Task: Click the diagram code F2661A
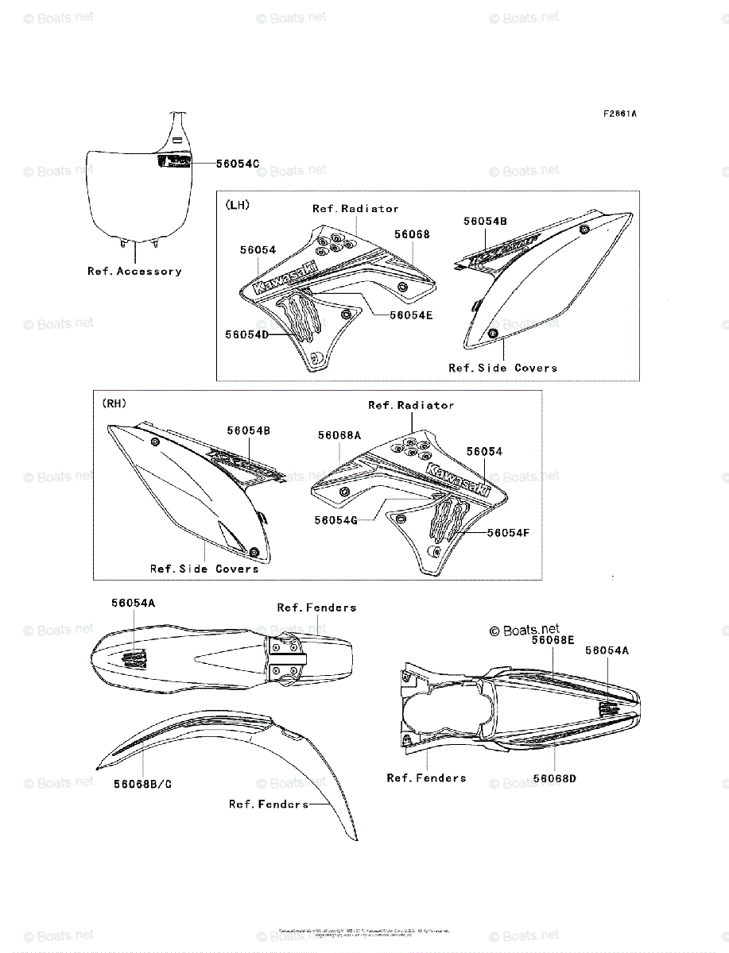[x=619, y=114]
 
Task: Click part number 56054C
[x=238, y=164]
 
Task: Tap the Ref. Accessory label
[x=134, y=272]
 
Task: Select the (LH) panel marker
[x=238, y=205]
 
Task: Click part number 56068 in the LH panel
[x=412, y=234]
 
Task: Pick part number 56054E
[x=411, y=315]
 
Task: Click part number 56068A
[x=339, y=435]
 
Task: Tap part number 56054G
[x=335, y=519]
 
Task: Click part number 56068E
[x=553, y=639]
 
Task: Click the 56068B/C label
[x=142, y=784]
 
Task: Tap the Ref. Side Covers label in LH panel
[x=502, y=368]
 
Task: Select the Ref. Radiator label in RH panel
[x=411, y=405]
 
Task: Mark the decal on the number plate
[x=174, y=163]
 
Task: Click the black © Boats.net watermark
[x=524, y=631]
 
